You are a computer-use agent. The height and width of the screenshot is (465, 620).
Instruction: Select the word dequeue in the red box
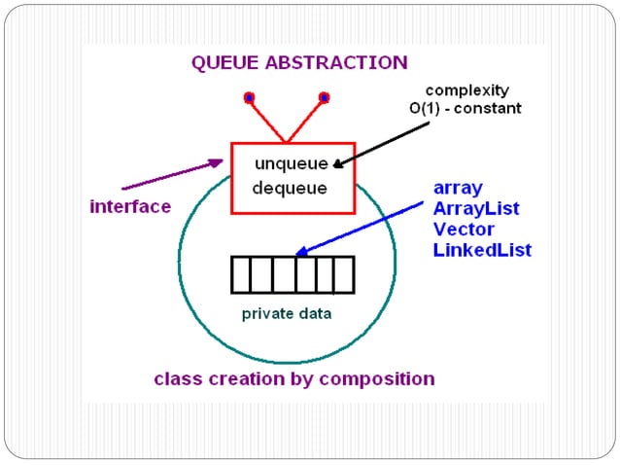point(289,187)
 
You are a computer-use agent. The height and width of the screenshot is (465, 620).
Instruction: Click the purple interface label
point(130,206)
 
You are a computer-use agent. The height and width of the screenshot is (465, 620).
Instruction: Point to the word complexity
point(465,89)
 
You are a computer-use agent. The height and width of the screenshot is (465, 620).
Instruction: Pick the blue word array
point(458,188)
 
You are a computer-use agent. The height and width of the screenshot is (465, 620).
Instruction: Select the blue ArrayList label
point(476,208)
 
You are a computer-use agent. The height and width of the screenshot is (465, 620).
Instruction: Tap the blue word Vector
point(464,230)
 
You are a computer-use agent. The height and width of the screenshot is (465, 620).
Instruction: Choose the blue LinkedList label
point(482,251)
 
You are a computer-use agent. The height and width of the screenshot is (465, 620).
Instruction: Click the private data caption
point(287,313)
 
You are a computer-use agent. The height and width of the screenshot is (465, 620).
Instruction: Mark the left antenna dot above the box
point(250,97)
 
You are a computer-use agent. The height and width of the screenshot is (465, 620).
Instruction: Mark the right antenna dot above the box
point(325,97)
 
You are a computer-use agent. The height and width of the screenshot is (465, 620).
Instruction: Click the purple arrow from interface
point(170,176)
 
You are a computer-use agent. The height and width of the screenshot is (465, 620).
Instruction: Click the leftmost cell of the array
point(241,274)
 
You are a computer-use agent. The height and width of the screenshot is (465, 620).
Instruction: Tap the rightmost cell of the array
point(343,274)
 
